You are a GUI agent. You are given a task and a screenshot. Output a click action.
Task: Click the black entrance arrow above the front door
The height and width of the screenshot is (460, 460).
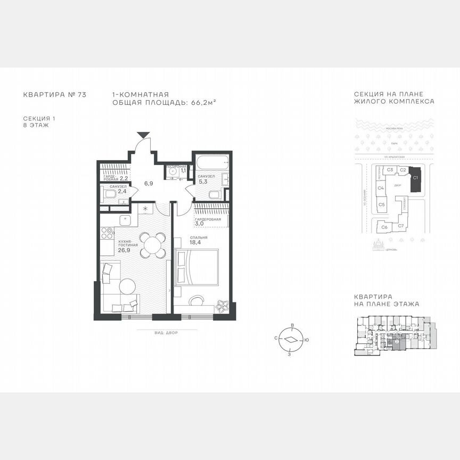142,136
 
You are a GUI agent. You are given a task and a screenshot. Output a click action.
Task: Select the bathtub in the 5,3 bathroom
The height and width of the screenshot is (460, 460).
211,163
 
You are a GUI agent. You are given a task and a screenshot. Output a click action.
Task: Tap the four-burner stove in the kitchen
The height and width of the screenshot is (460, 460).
106,233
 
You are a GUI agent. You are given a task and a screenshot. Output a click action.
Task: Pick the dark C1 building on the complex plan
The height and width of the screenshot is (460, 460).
416,179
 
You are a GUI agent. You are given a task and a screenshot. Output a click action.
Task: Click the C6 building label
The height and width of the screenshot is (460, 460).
384,227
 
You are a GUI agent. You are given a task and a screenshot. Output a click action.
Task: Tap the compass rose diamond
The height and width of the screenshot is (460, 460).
290,339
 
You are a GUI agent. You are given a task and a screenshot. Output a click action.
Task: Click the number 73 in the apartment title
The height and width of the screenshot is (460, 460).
81,95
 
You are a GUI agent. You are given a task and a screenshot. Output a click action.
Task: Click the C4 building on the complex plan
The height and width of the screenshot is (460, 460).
381,188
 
